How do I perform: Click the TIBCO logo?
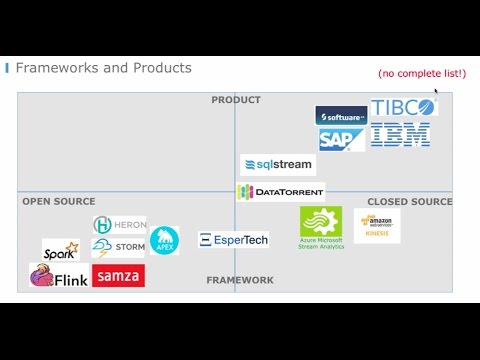coord(403,108)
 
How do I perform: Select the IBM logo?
coord(400,136)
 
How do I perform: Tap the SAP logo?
coord(341,139)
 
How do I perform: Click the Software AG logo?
coord(341,116)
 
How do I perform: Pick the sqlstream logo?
coord(277,164)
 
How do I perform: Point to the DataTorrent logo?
coord(280,191)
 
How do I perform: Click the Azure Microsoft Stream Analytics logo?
coord(321,227)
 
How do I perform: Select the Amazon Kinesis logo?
coord(377,226)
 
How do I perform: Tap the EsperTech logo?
coord(233,240)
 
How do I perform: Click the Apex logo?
coord(164,241)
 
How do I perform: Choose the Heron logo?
coord(119,225)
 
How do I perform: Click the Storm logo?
coord(118,246)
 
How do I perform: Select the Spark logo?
coord(60,250)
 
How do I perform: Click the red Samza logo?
coord(118,275)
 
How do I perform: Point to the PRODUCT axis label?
coord(236,100)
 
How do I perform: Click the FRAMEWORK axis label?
coord(240,281)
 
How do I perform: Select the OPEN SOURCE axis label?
coord(59,202)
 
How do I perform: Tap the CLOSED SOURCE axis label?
coord(410,202)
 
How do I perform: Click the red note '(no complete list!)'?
coord(421,73)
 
